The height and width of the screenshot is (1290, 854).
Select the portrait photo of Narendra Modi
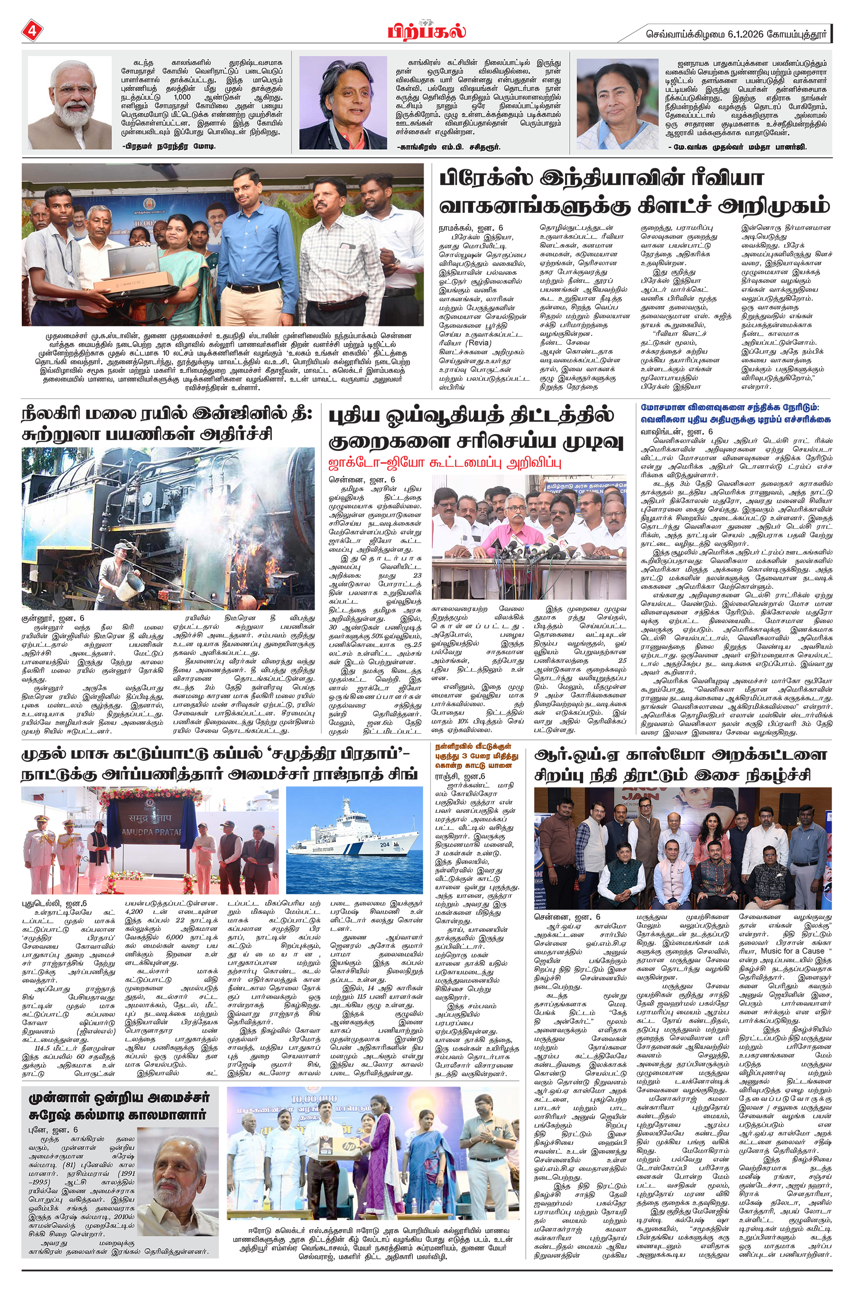(69, 102)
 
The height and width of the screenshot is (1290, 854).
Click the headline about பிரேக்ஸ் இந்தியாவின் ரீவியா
(634, 192)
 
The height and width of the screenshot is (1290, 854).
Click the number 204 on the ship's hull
(385, 844)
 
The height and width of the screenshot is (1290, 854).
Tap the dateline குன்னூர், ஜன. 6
(53, 619)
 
